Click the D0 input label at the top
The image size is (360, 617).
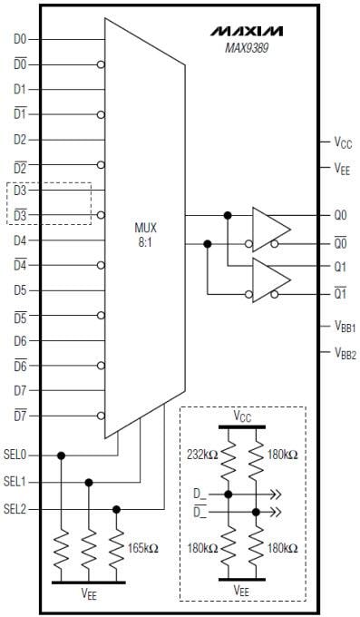21,39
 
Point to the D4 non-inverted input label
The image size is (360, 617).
21,240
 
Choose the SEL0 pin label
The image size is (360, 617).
15,455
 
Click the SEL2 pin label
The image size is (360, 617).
15,509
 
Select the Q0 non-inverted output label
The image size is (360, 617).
340,216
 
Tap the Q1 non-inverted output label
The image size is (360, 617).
340,268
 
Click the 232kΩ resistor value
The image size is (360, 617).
200,454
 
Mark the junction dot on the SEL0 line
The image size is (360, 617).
61,455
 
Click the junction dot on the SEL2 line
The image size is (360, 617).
116,509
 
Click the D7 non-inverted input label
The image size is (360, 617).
21,390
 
